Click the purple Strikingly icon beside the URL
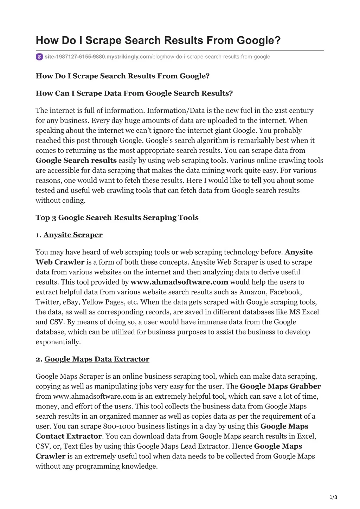pyautogui.click(x=39, y=57)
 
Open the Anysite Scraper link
pyautogui.click(x=73, y=235)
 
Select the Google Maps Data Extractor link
pyautogui.click(x=97, y=359)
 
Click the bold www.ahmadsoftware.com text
pyautogui.click(x=179, y=282)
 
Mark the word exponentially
pyautogui.click(x=58, y=342)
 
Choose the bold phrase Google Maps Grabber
pyautogui.click(x=280, y=386)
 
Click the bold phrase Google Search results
pyautogui.click(x=76, y=160)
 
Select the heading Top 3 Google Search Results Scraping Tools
pyautogui.click(x=117, y=217)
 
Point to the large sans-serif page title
pyautogui.click(x=158, y=40)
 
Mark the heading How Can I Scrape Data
pyautogui.click(x=134, y=93)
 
